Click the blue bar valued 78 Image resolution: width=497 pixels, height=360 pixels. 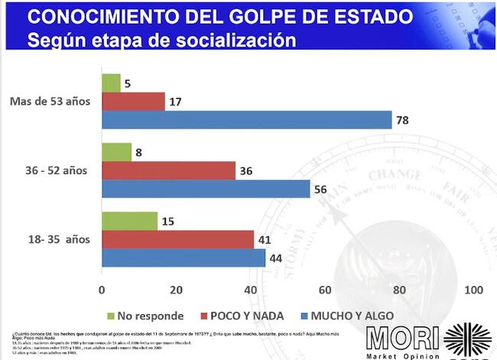(246, 120)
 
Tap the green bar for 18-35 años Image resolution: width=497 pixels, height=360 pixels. (129, 221)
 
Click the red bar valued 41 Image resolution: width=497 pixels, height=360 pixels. (177, 240)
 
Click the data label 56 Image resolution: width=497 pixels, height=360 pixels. (323, 189)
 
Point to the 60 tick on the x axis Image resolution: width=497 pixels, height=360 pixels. (326, 290)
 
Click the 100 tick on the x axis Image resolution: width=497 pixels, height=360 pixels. (474, 290)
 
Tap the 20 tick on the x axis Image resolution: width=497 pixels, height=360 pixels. (176, 290)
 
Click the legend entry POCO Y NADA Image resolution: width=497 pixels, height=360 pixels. (242, 314)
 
